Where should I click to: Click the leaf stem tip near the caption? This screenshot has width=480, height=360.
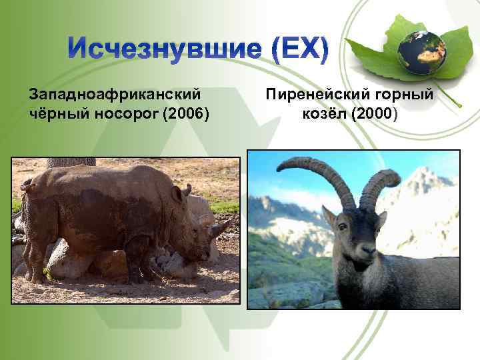click(459, 105)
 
